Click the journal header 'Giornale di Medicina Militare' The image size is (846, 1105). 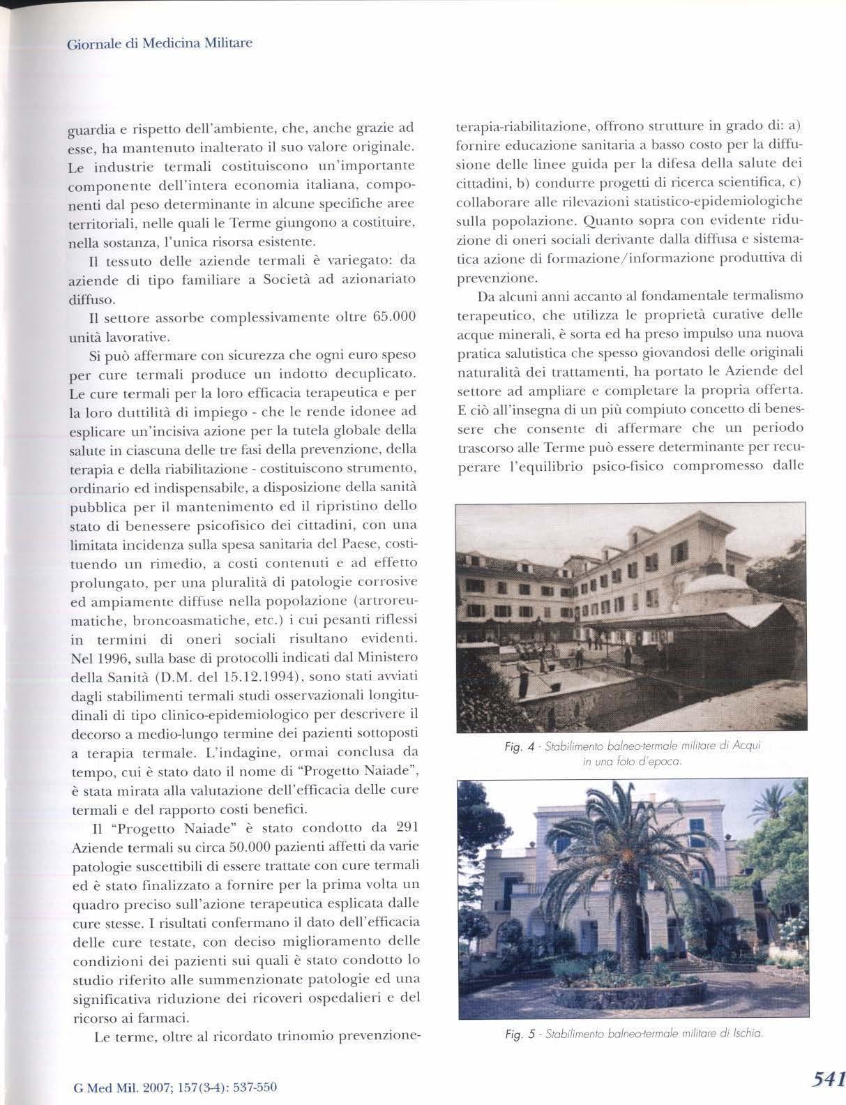(159, 43)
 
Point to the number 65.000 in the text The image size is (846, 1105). (395, 317)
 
